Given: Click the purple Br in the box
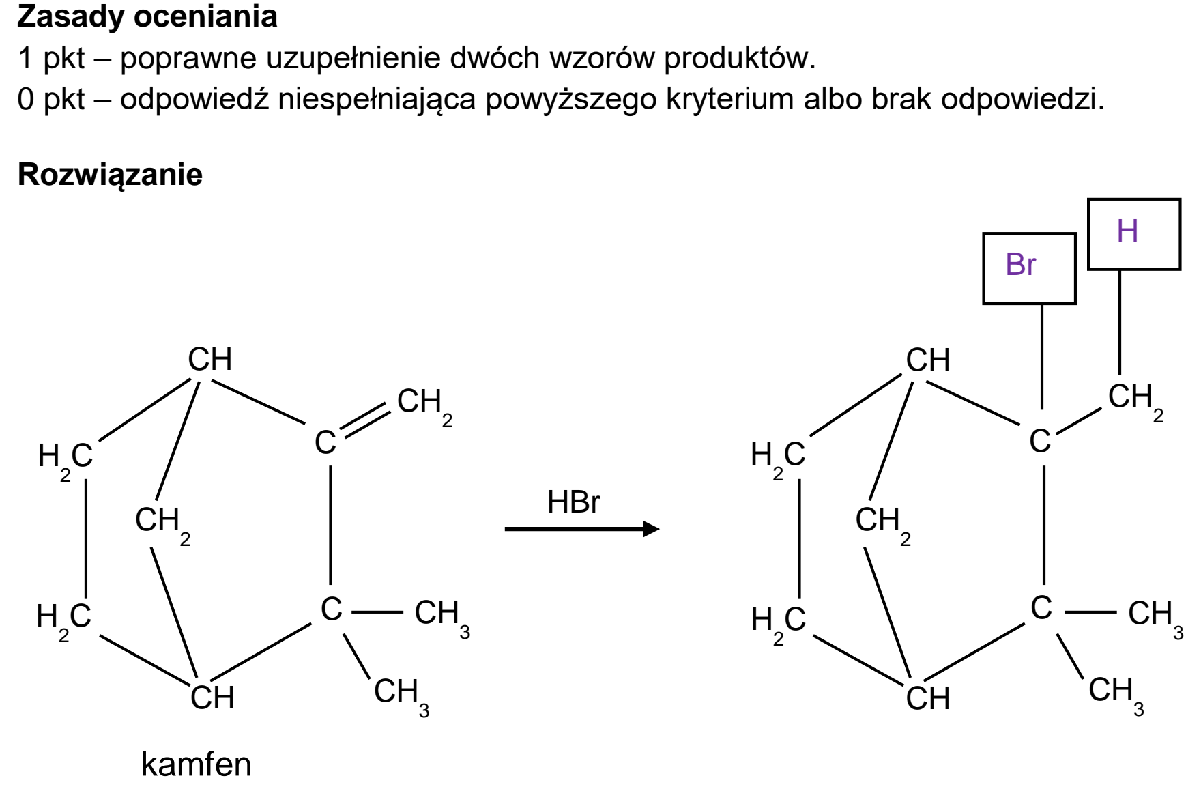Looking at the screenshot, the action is (1020, 265).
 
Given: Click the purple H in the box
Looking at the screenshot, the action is (1127, 231).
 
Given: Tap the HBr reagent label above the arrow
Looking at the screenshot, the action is (573, 502).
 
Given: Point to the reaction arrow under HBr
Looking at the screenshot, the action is (582, 529).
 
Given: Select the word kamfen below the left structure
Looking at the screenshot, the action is (197, 764).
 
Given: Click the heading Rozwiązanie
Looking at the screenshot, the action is (110, 175).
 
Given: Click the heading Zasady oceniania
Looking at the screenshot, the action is (147, 17).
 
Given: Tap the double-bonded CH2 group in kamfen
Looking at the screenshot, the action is (424, 407).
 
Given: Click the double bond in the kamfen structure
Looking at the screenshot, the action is (364, 420).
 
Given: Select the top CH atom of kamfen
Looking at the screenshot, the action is (210, 360).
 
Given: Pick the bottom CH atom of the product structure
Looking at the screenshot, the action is (928, 698).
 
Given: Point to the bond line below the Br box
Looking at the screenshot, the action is (1041, 356).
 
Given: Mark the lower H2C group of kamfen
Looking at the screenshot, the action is (63, 622).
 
